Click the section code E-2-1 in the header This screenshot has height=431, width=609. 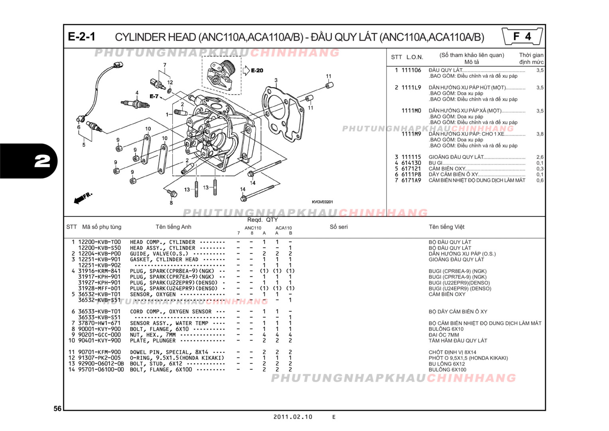point(81,37)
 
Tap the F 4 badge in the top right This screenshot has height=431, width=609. point(522,37)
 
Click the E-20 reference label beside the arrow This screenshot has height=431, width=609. point(257,71)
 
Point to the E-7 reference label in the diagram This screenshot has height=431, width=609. point(154,96)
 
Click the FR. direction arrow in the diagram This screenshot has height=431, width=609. point(83,198)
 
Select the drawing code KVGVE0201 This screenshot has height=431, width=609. point(322,202)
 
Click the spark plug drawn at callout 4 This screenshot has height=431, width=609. point(136,104)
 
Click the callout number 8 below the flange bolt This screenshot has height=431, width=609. point(171,203)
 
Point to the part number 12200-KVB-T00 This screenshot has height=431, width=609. point(99,242)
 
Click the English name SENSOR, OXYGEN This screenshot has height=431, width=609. point(152,295)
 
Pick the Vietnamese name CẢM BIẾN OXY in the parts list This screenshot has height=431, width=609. point(447,295)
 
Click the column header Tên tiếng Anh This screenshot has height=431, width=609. point(173,227)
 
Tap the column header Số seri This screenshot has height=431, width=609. point(338,227)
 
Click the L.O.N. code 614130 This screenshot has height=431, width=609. point(411,163)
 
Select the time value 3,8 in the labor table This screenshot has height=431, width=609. point(540,134)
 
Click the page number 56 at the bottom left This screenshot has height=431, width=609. point(57,408)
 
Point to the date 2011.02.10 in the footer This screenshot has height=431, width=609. point(293,417)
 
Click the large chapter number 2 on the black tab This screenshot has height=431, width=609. point(42,161)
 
